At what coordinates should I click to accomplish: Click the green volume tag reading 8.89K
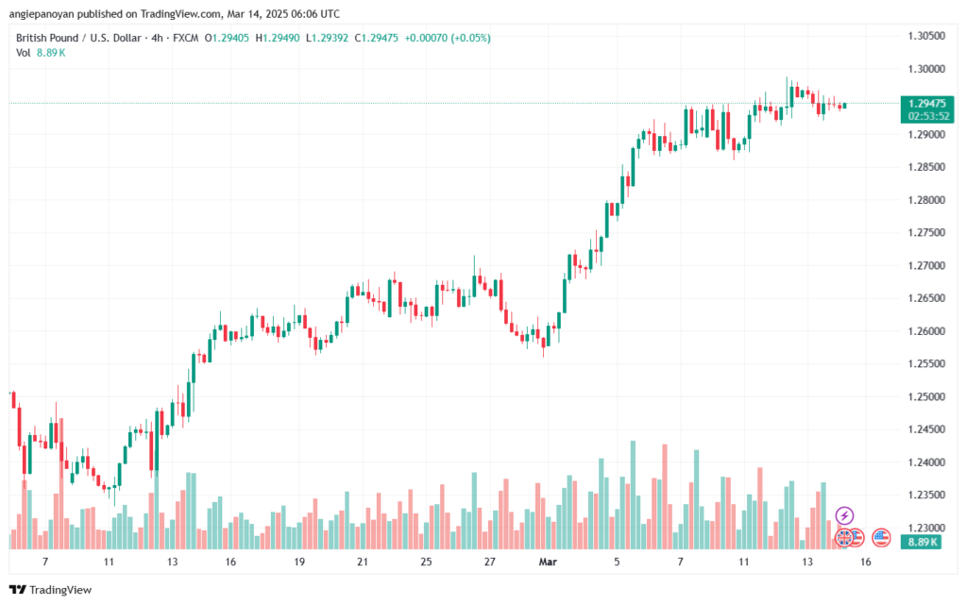921,542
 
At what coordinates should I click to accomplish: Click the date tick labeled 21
362,561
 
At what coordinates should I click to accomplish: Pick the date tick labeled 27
490,561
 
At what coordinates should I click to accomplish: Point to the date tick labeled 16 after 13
865,561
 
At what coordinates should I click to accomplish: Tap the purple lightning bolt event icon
844,515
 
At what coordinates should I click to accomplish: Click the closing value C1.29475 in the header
372,38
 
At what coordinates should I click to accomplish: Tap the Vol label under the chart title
24,53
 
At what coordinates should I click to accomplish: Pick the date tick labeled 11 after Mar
743,561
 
